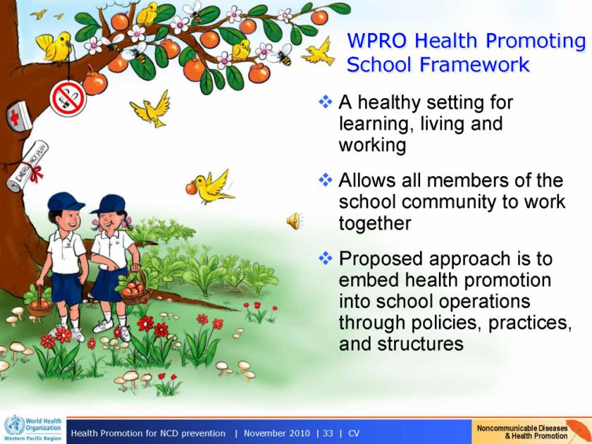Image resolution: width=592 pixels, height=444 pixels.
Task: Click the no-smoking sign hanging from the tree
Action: coord(68,99)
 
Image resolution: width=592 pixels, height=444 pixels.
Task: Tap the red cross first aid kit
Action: coord(19,117)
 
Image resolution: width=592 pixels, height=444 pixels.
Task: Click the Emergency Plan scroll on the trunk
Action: coord(27,166)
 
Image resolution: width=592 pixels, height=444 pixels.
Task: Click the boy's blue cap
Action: coord(66,202)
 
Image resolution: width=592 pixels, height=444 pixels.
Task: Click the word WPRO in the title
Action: coord(377,41)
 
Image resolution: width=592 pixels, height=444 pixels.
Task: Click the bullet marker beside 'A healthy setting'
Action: coord(326,101)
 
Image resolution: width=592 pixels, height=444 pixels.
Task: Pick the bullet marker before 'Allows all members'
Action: coord(326,180)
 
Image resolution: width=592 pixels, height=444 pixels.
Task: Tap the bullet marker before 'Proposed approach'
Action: coord(326,258)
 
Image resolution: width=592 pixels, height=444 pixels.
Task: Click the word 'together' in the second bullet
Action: coord(374,223)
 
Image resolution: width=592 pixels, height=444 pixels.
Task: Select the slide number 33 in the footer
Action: coord(328,433)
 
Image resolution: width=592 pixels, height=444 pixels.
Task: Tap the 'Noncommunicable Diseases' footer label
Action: coord(522,428)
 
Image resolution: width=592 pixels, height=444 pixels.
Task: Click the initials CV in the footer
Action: coord(354,433)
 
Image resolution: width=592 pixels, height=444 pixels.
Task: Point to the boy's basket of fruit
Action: coord(40,304)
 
